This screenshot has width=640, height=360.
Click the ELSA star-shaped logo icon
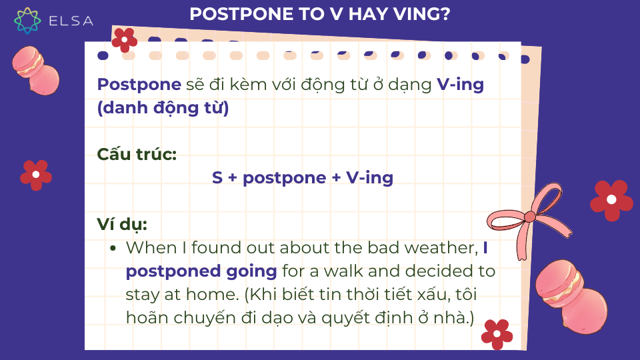27,21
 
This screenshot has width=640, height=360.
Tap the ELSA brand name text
71,21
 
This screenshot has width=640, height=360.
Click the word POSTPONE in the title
241,14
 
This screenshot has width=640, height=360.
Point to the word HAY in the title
369,14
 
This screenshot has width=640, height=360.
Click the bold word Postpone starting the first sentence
139,85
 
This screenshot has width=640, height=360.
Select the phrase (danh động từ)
163,108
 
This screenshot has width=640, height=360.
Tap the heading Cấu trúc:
137,154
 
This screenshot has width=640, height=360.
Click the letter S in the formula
217,177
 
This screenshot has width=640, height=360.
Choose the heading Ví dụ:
121,225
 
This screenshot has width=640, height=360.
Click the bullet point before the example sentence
113,248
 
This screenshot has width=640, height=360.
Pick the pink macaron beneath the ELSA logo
35,70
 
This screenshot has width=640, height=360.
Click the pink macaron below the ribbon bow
571,296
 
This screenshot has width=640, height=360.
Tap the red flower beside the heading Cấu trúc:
36,175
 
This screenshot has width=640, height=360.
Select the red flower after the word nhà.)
497,334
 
